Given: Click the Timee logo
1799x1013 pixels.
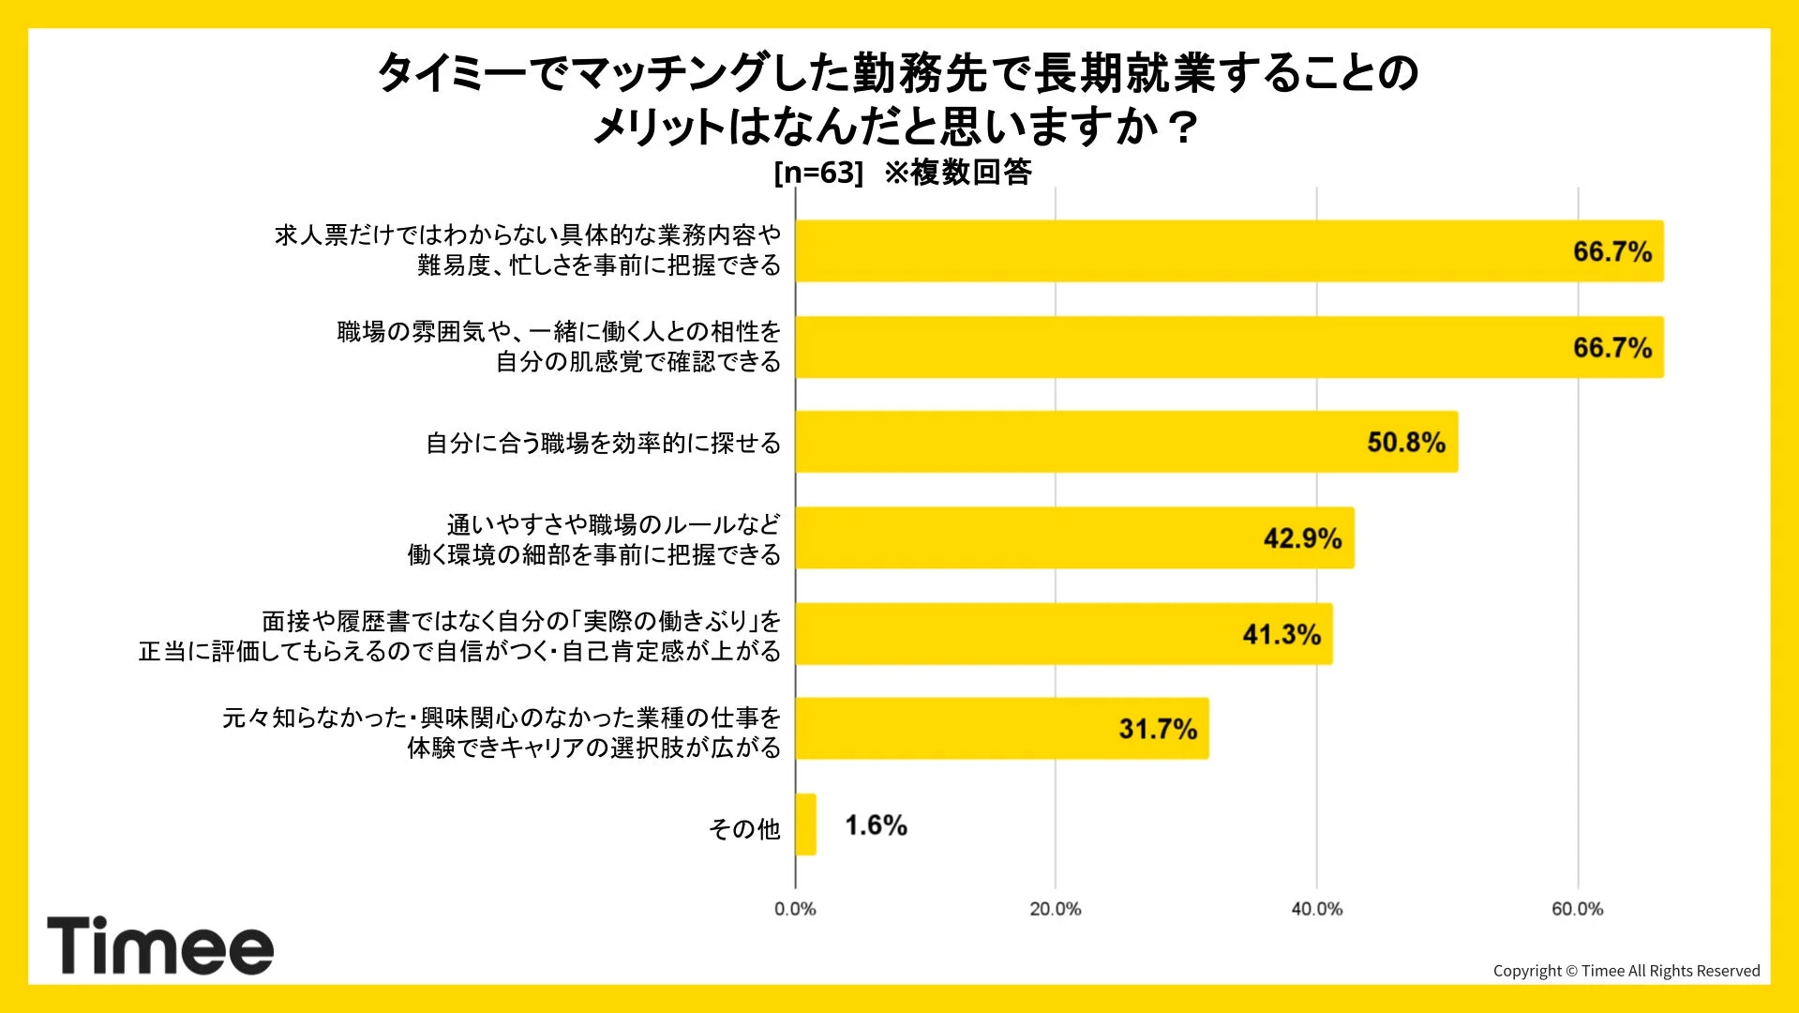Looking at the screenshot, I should (160, 945).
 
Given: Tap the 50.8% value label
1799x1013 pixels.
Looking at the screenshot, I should (1405, 442).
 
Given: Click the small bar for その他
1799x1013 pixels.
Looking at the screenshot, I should (805, 824).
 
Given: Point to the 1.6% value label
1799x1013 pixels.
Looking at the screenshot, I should (876, 825).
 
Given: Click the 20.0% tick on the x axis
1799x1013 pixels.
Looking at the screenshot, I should (1055, 909).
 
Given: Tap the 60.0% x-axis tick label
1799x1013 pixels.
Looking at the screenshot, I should (1577, 909).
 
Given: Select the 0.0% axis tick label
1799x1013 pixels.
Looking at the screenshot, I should (795, 909).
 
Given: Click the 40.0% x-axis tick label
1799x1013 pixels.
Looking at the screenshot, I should (1316, 909).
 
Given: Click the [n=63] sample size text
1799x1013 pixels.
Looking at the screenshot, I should (817, 173).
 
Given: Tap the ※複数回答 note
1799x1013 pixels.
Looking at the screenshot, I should (957, 173).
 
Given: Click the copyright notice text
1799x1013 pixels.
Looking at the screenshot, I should (1626, 971).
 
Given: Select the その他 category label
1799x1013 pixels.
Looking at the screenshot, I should (744, 828).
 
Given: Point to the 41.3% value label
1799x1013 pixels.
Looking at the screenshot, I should (1281, 634).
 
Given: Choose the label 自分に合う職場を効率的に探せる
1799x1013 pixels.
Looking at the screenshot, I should (603, 443).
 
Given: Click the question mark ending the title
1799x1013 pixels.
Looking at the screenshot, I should (1184, 127).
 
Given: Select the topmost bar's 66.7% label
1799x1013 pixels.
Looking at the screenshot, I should (1612, 251).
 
